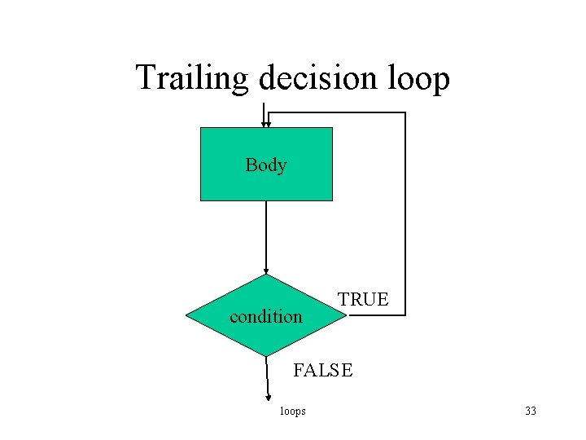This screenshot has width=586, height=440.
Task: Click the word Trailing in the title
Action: (x=193, y=79)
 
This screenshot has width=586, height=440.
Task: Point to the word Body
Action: (x=266, y=165)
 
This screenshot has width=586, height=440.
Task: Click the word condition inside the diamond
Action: (x=266, y=316)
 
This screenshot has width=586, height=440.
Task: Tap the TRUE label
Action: (x=364, y=299)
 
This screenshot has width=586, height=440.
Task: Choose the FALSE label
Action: (x=323, y=371)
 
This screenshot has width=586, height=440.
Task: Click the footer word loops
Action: (x=293, y=411)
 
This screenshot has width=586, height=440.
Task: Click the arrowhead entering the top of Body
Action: (x=266, y=125)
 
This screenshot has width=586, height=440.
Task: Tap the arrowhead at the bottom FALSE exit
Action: (x=269, y=398)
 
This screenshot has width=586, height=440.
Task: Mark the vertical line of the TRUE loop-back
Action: (x=405, y=212)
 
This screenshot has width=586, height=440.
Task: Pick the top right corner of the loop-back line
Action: (x=405, y=113)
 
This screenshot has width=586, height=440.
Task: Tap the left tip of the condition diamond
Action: (x=187, y=315)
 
